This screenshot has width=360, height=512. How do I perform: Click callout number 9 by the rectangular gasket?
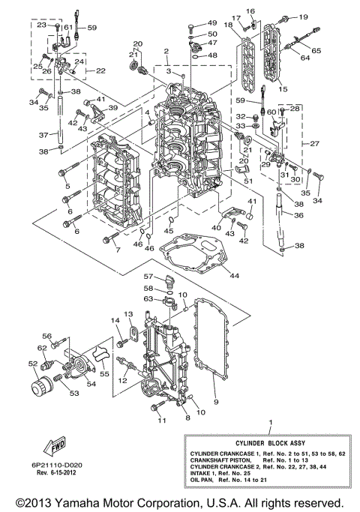click(x=217, y=403)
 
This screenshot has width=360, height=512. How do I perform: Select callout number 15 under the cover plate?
click(x=283, y=88)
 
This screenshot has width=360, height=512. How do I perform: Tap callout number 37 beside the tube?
click(x=54, y=135)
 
